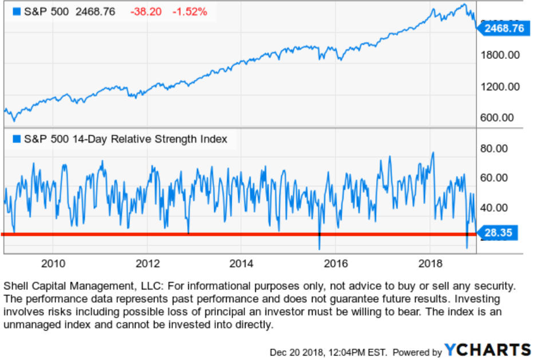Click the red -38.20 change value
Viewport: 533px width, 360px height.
[x=143, y=11]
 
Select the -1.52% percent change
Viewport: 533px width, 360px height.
[x=189, y=11]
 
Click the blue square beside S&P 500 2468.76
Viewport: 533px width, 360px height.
[x=16, y=11]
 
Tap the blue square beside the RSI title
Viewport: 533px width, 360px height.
[x=16, y=139]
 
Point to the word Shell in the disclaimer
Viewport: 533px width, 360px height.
[x=15, y=286]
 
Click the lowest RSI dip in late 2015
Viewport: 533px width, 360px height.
[x=319, y=248]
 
